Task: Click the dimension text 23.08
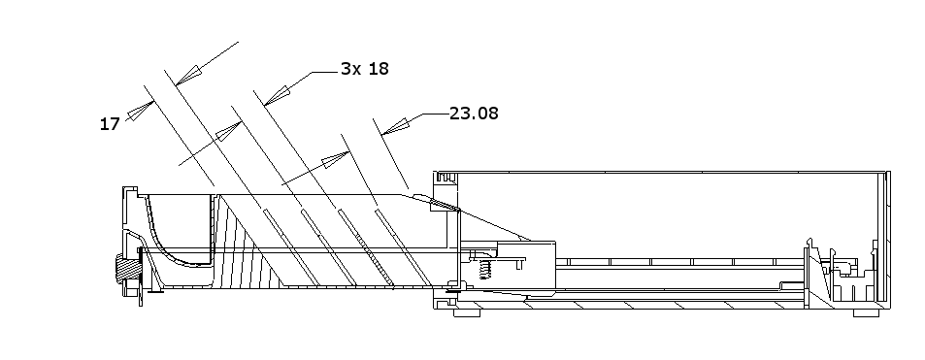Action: (474, 113)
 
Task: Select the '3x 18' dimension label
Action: (365, 69)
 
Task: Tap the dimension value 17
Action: (110, 124)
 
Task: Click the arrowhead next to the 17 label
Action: (140, 111)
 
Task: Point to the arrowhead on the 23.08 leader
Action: (395, 127)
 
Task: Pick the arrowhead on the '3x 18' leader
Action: (278, 96)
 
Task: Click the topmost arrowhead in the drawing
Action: (188, 76)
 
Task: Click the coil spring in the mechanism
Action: (485, 270)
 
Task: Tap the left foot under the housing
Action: (467, 312)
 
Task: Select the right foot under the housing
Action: (866, 312)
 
